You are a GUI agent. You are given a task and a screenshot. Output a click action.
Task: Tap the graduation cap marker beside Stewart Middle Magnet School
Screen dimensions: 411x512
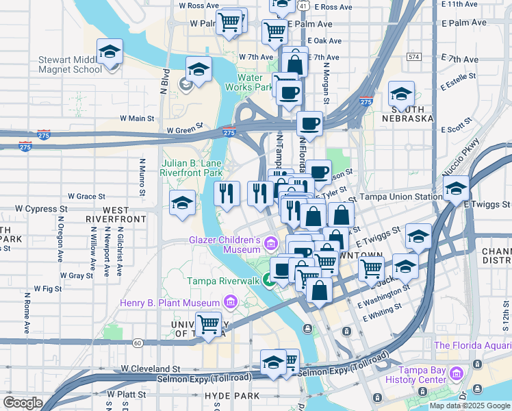(x=110, y=53)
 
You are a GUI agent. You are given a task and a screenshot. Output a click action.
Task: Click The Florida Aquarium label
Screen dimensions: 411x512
(x=472, y=346)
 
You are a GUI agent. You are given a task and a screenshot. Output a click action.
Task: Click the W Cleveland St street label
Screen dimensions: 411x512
(x=150, y=368)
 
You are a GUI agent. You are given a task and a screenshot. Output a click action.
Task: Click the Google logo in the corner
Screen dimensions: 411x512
(x=23, y=403)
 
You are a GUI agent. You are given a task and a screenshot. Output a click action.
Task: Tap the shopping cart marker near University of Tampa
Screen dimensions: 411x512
(x=208, y=325)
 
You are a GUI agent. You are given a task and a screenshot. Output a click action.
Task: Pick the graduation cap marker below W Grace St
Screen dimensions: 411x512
(x=182, y=203)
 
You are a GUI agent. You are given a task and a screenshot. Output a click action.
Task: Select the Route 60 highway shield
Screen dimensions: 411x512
(x=138, y=342)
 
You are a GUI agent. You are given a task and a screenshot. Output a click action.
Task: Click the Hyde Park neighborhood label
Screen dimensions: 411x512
(x=231, y=396)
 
